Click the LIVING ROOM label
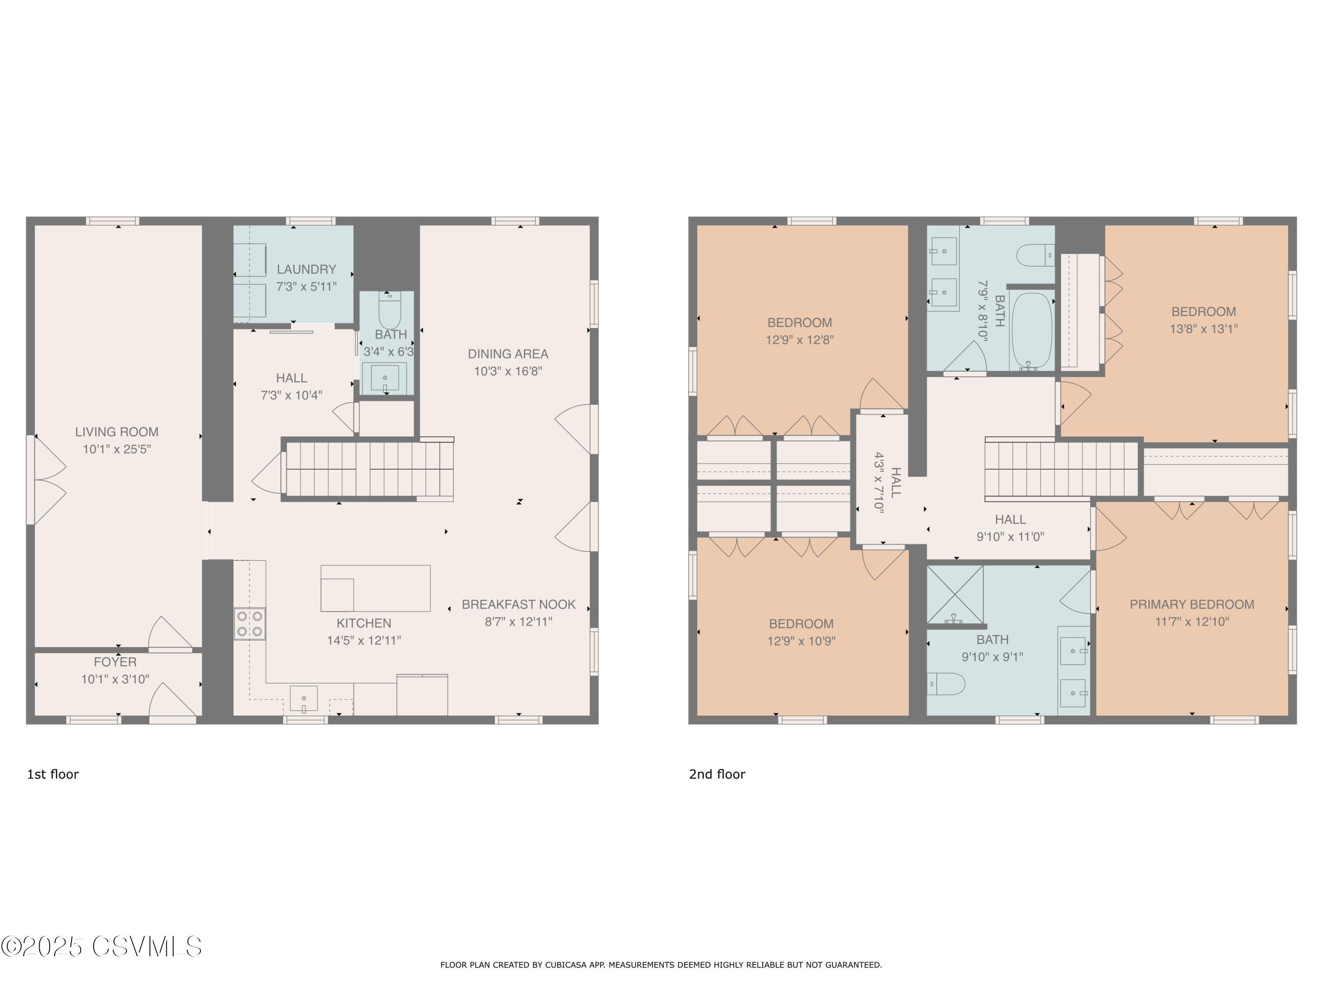(x=116, y=432)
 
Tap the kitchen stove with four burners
(x=250, y=624)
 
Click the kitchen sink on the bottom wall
(x=304, y=699)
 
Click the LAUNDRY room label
(x=306, y=270)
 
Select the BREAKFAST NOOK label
(x=519, y=604)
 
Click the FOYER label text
(x=116, y=662)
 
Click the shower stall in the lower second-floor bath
(x=955, y=594)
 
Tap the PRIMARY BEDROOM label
(x=1192, y=604)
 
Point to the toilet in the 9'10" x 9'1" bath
(x=946, y=683)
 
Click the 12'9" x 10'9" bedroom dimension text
(x=801, y=641)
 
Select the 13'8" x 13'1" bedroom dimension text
(x=1204, y=329)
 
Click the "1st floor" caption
(x=52, y=774)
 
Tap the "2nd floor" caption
(x=717, y=774)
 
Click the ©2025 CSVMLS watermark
(x=102, y=947)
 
